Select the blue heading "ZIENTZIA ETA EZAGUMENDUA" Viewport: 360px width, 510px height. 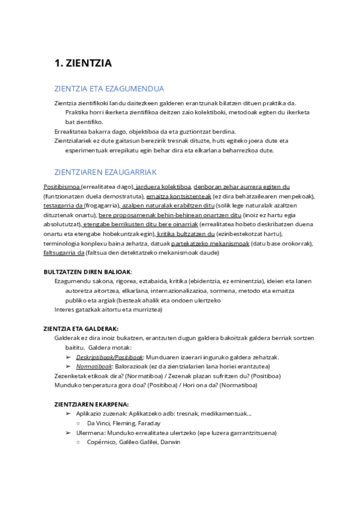[x=109, y=88]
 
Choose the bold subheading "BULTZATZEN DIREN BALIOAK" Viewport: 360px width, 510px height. [x=87, y=272]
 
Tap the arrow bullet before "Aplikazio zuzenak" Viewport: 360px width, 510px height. [x=68, y=413]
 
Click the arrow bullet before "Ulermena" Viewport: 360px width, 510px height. [x=68, y=432]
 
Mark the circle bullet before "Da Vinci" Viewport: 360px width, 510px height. [x=79, y=423]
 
